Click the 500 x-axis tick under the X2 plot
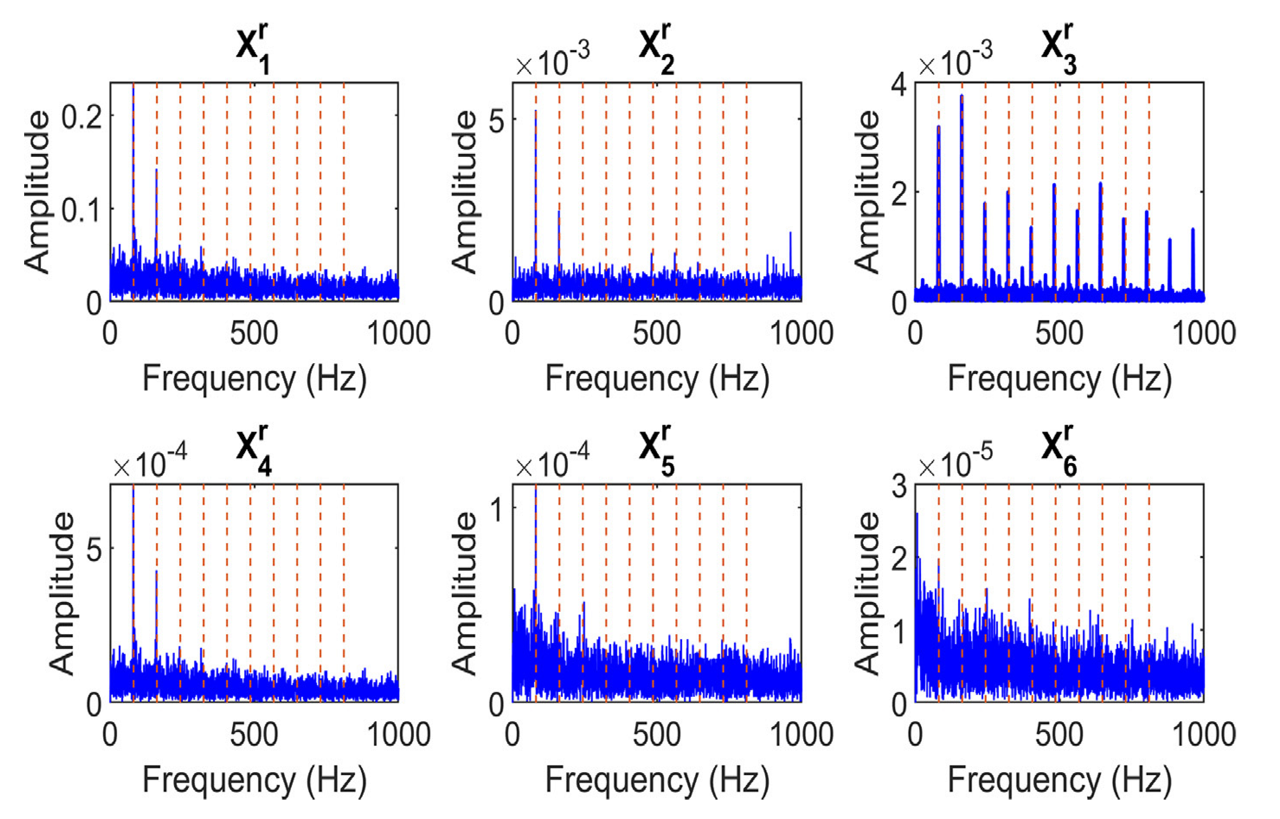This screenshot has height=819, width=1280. pyautogui.click(x=657, y=334)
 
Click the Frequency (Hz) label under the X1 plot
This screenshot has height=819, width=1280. pyautogui.click(x=254, y=379)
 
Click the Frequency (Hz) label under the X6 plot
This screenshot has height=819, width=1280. pyautogui.click(x=1060, y=780)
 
